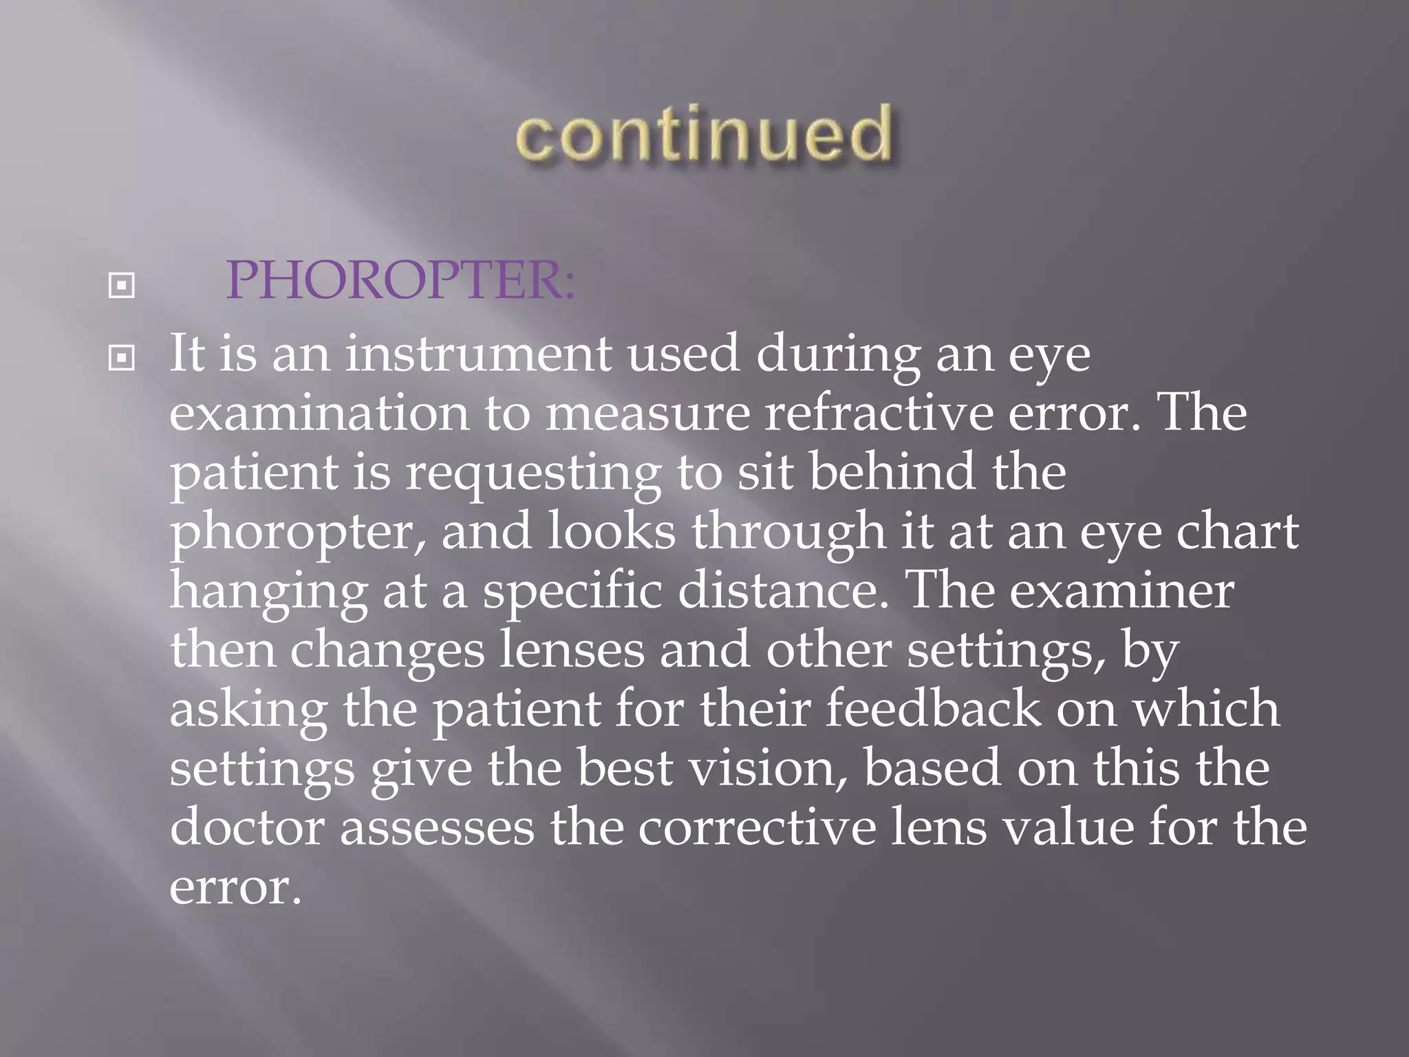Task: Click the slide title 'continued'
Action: point(704,135)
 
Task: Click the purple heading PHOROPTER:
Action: point(400,281)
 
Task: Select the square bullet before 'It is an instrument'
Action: point(122,358)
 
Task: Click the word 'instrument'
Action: point(478,354)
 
